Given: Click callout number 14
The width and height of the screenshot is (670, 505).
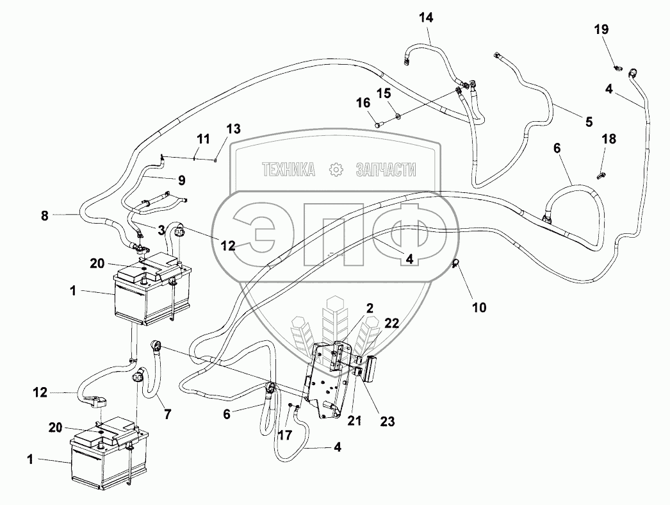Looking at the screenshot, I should pyautogui.click(x=426, y=18).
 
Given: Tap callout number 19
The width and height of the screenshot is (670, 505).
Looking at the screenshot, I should pyautogui.click(x=601, y=29).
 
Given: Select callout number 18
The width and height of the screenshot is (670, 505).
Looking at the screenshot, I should pyautogui.click(x=609, y=139).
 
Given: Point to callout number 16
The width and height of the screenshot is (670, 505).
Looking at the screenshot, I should pyautogui.click(x=364, y=103).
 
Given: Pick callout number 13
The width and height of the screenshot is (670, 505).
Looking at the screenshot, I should pyautogui.click(x=233, y=129).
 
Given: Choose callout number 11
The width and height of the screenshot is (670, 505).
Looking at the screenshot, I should pyautogui.click(x=203, y=139).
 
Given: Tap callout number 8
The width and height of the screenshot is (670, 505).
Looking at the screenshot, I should pyautogui.click(x=44, y=216).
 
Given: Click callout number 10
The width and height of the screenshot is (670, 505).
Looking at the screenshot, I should pyautogui.click(x=479, y=308).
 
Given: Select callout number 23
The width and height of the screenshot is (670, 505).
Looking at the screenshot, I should pyautogui.click(x=388, y=421).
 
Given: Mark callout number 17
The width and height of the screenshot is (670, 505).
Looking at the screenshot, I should pyautogui.click(x=284, y=435).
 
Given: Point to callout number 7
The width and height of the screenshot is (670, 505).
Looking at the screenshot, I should pyautogui.click(x=167, y=415).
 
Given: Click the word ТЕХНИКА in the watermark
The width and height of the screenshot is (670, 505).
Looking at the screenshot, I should pyautogui.click(x=288, y=169).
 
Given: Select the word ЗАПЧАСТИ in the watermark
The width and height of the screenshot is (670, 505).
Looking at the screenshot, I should pyautogui.click(x=385, y=169).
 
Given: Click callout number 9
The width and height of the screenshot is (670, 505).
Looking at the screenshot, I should pyautogui.click(x=177, y=179).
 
